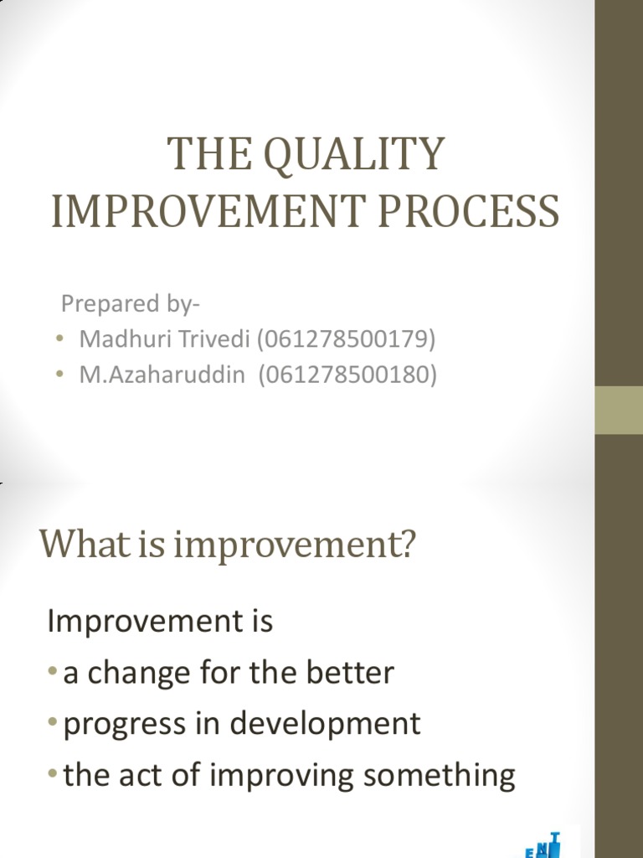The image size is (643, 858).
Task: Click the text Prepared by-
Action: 131,302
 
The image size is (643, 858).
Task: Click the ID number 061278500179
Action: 347,339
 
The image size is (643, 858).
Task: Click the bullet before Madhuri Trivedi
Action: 60,339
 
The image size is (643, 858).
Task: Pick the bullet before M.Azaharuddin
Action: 60,375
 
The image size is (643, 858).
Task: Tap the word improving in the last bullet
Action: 273,776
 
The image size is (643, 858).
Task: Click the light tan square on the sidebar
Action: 619,411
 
